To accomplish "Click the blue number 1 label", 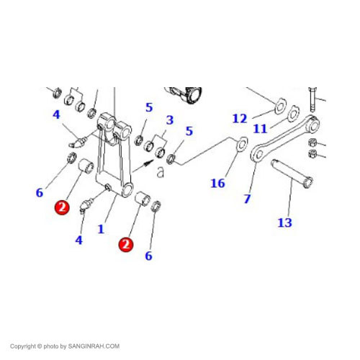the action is click(x=101, y=229).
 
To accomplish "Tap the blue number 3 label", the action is click(x=170, y=120).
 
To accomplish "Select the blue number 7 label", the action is click(x=247, y=199).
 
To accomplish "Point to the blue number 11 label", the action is click(x=260, y=129).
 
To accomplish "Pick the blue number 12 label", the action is click(x=240, y=119).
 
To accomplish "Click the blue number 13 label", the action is click(x=285, y=222).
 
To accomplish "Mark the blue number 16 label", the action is click(x=217, y=184).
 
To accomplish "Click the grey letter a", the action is click(x=161, y=172).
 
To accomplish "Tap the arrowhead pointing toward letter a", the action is click(x=149, y=163).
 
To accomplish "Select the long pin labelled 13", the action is click(x=292, y=174).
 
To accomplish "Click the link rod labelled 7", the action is click(x=285, y=138).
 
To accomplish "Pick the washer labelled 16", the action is click(x=242, y=144).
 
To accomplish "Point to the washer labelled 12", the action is click(x=280, y=106).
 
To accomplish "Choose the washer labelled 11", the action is click(x=294, y=114).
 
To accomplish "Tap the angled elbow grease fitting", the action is click(x=77, y=143).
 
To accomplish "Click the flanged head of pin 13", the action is click(x=308, y=182).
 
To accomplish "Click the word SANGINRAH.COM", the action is click(x=94, y=346).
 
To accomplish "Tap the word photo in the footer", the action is click(x=51, y=346).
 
